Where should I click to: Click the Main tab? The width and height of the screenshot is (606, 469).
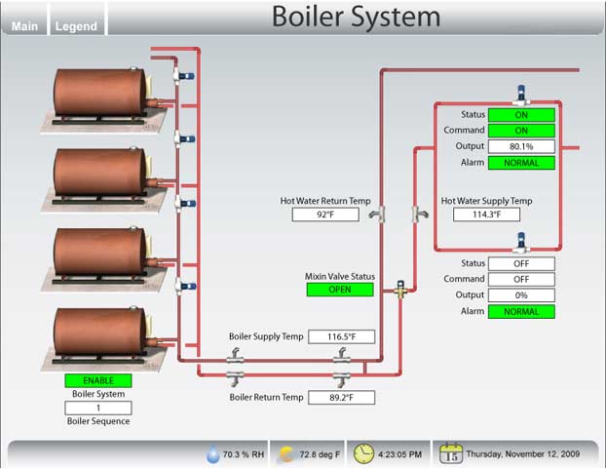[x=24, y=26]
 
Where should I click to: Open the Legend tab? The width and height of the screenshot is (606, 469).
[x=76, y=26]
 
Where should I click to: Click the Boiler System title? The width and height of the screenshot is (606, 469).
[x=356, y=17]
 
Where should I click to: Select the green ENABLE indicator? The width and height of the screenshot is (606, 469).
[x=97, y=380]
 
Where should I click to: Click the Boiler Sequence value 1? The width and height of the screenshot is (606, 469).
[x=97, y=408]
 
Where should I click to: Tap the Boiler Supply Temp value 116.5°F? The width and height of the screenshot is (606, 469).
[x=341, y=336]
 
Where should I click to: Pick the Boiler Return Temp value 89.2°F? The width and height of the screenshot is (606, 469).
[x=341, y=398]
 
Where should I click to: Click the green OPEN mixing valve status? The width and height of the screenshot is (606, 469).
[x=340, y=290]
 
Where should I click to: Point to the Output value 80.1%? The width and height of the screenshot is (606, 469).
[x=520, y=146]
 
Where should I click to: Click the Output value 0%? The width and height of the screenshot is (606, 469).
[x=520, y=295]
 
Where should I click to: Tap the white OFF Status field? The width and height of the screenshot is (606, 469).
[x=520, y=263]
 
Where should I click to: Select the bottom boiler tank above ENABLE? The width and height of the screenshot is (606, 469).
[x=97, y=335]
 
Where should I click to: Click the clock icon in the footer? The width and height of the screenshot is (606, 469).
[x=363, y=453]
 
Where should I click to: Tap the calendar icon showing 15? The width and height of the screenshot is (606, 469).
[x=451, y=453]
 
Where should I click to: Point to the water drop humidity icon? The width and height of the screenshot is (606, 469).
[x=213, y=454]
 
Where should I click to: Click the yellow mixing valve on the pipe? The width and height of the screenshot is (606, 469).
[x=399, y=290]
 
